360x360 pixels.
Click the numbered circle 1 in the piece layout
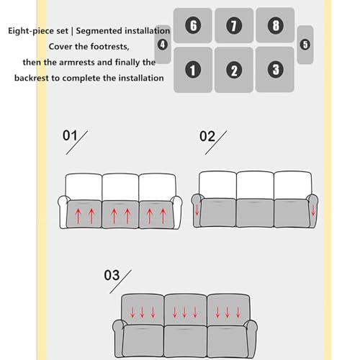(x=193, y=70)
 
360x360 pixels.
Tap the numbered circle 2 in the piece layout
(x=234, y=70)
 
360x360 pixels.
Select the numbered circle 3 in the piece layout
(x=275, y=70)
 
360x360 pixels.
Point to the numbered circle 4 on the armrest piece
(x=163, y=45)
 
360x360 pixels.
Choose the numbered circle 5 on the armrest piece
(x=305, y=45)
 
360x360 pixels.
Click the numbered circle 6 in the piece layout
(x=193, y=25)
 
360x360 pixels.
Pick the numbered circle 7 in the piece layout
(x=234, y=25)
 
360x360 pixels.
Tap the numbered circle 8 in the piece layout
(x=276, y=25)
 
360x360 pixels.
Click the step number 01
(x=70, y=135)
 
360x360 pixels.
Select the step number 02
(x=207, y=136)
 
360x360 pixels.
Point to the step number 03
(x=112, y=275)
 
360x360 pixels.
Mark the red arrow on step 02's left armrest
(x=197, y=210)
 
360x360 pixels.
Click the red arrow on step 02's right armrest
(x=313, y=210)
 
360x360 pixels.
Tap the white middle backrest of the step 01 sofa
(x=120, y=187)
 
